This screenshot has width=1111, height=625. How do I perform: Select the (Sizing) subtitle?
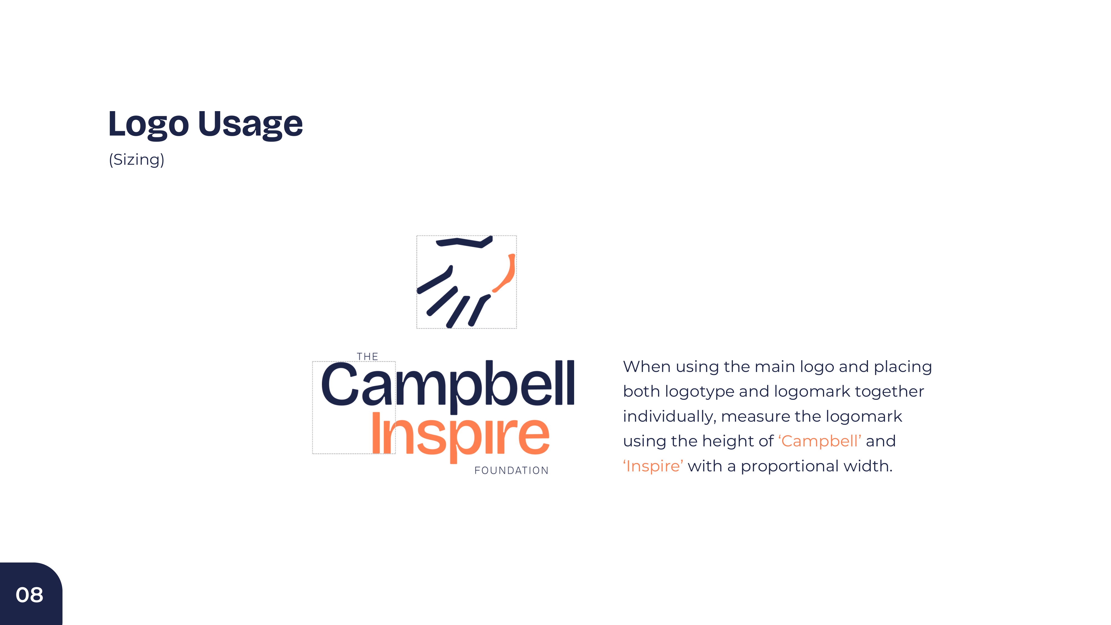[136, 160]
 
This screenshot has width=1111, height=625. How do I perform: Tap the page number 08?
[29, 595]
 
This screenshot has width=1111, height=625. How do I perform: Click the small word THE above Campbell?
[367, 357]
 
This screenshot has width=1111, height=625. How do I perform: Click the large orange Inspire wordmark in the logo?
[461, 435]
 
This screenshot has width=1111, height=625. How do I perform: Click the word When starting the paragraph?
[647, 367]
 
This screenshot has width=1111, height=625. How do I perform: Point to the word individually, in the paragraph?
[669, 417]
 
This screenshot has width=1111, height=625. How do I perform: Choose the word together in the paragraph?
[889, 392]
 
